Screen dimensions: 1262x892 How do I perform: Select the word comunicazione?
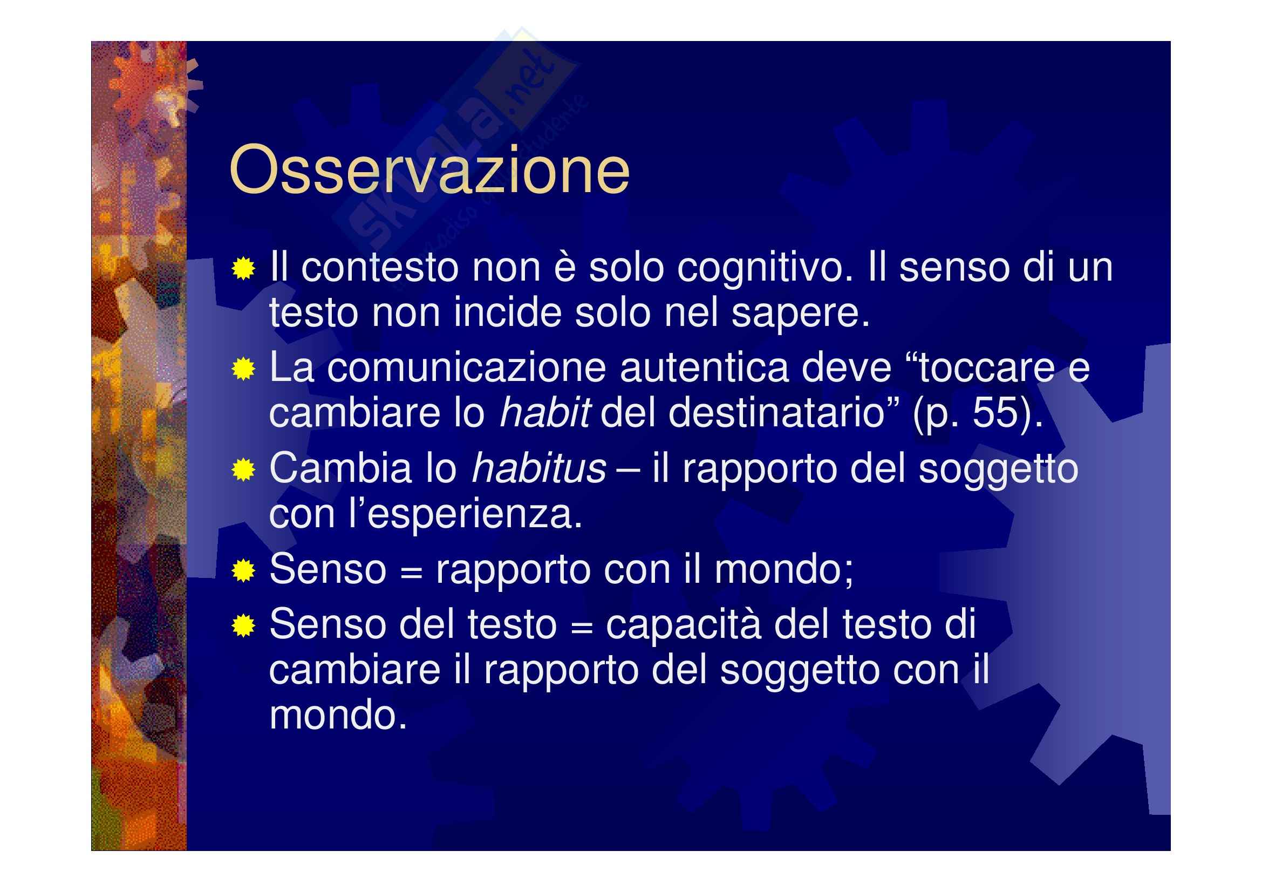click(x=467, y=367)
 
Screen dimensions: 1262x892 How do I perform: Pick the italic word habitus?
click(x=538, y=469)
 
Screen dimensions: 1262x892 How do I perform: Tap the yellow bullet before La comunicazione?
click(x=243, y=369)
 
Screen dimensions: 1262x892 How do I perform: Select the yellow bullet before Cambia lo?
click(x=243, y=471)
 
